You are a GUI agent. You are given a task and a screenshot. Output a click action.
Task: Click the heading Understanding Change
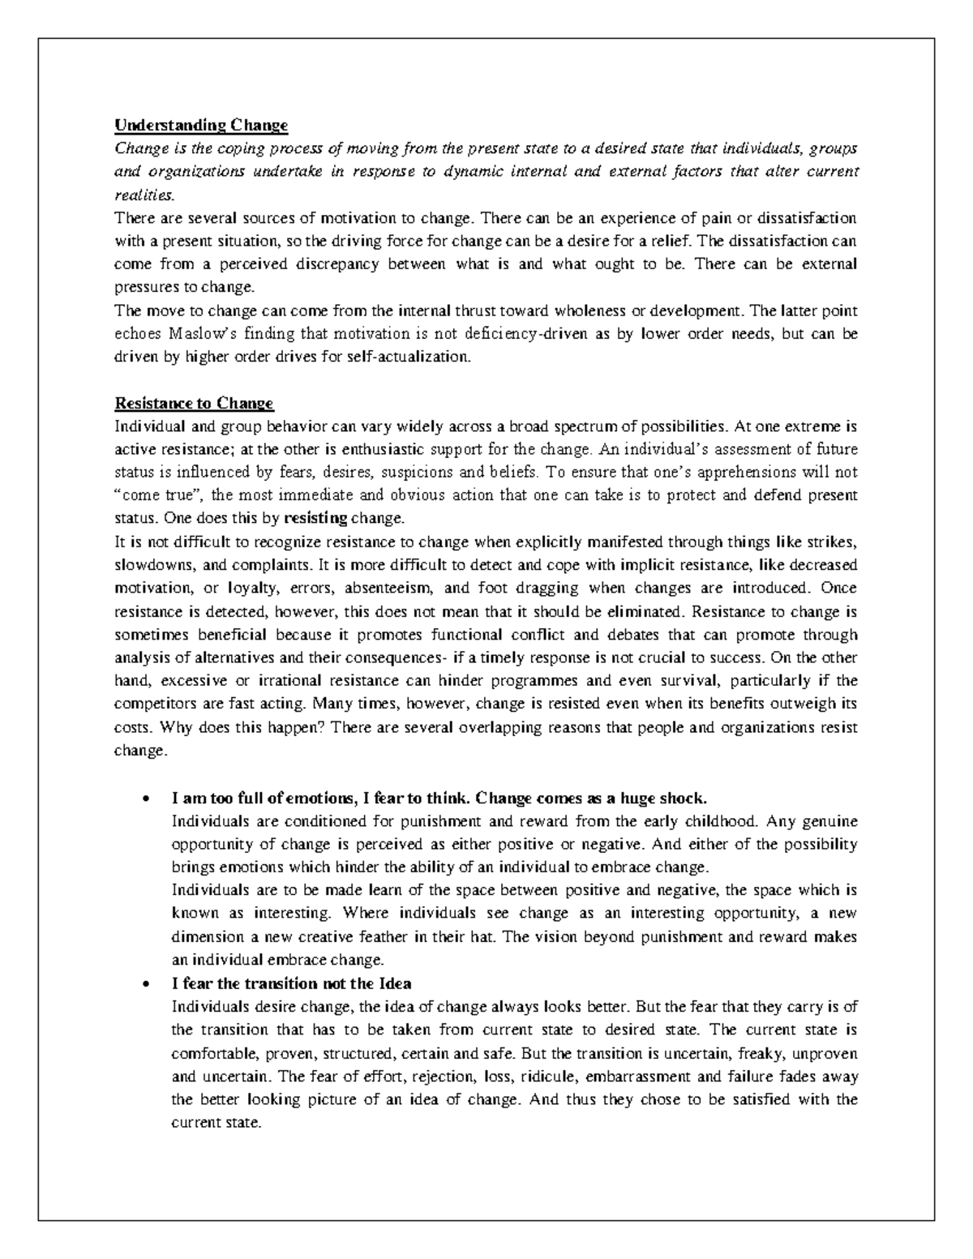201,126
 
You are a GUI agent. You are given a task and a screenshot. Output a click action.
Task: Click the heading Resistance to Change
195,403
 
